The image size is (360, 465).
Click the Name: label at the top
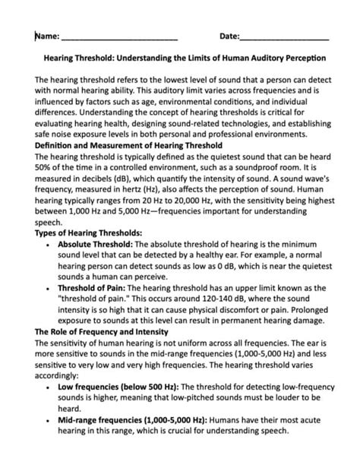(x=47, y=36)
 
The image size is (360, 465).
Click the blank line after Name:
(x=119, y=37)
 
